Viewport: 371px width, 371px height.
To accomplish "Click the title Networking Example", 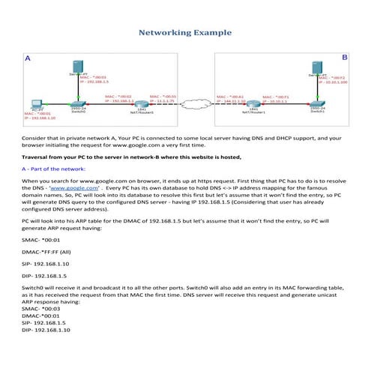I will [185, 34].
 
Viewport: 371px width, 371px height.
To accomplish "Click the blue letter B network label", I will [344, 57].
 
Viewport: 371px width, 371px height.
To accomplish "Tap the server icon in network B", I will [317, 79].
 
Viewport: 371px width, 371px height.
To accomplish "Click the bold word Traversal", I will [38, 159].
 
